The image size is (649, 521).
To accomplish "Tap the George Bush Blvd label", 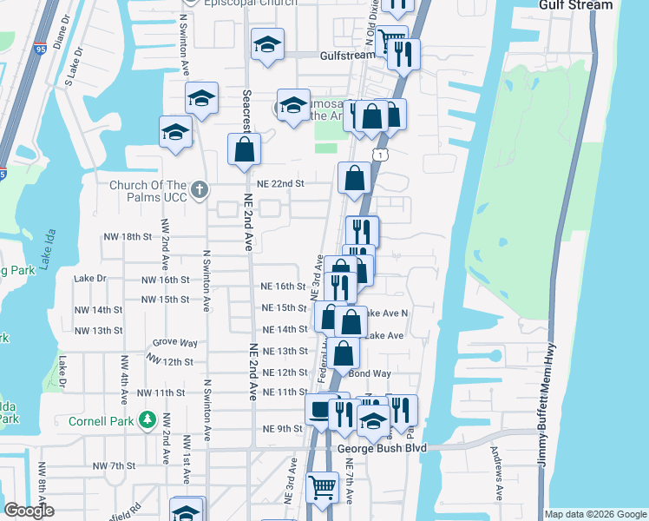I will tap(378, 448).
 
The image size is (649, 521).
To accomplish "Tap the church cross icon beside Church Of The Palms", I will tap(200, 190).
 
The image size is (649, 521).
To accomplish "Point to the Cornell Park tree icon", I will tap(148, 421).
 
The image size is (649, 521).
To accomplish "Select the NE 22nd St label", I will tap(281, 184).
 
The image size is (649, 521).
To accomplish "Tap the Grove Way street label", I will tap(171, 342).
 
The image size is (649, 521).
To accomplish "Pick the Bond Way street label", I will tap(370, 373).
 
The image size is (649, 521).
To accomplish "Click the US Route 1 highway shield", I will tap(380, 154).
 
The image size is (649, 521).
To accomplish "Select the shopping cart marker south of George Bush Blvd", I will tap(322, 487).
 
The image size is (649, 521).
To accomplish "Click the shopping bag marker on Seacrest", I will tap(244, 148).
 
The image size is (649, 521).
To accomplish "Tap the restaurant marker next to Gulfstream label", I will tap(404, 55).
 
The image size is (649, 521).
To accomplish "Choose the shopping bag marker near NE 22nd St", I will tap(354, 178).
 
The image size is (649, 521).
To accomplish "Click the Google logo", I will tap(29, 511).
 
